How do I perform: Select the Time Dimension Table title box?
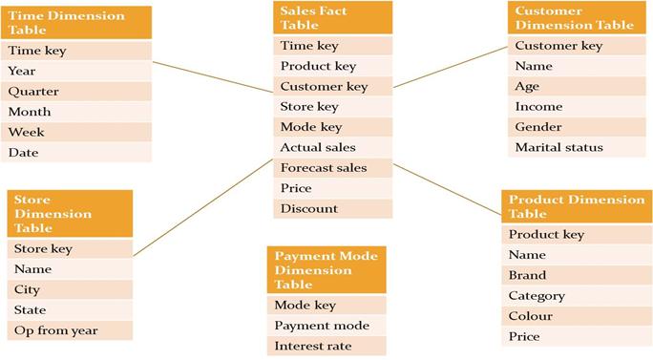coord(75,23)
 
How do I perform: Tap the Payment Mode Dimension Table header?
coord(326,269)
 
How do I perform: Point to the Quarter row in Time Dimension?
coord(75,92)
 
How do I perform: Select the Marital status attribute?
coord(578,147)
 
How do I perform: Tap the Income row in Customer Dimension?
coord(578,107)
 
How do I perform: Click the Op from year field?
coord(69,330)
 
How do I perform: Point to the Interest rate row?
coord(326,346)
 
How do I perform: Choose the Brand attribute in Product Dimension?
coord(573,275)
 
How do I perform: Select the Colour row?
coord(573,316)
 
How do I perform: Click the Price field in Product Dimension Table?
coord(573,336)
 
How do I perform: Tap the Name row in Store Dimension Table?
coord(69,269)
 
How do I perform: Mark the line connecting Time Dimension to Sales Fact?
coord(212,76)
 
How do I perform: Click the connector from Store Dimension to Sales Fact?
coord(202,207)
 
